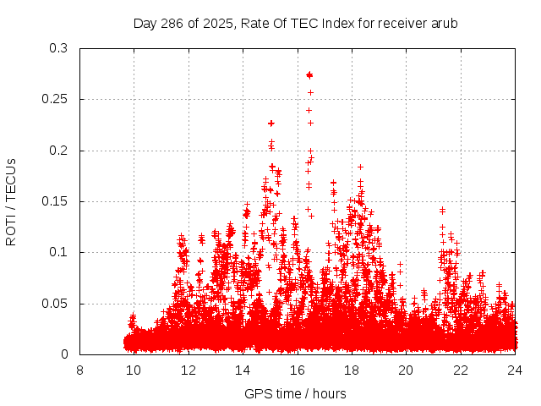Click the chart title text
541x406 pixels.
pyautogui.click(x=295, y=23)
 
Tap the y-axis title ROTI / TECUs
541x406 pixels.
pyautogui.click(x=11, y=201)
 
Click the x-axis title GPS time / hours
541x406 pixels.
pyautogui.click(x=295, y=393)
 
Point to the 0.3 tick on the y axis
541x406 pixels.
pyautogui.click(x=58, y=48)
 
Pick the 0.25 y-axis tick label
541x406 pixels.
pyautogui.click(x=55, y=99)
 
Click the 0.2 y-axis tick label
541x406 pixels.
pyautogui.click(x=58, y=151)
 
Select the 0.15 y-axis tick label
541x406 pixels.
pyautogui.click(x=55, y=201)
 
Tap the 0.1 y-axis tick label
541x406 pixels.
pyautogui.click(x=58, y=252)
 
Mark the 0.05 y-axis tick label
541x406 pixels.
pyautogui.click(x=55, y=304)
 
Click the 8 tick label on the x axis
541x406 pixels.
pyautogui.click(x=79, y=370)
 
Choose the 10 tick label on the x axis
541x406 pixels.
pyautogui.click(x=134, y=370)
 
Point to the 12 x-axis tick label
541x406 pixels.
pyautogui.click(x=189, y=370)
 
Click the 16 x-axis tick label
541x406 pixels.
pyautogui.click(x=298, y=370)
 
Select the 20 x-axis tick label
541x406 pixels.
pyautogui.click(x=406, y=370)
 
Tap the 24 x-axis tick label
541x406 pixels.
pyautogui.click(x=515, y=370)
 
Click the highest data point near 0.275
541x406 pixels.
pyautogui.click(x=309, y=74)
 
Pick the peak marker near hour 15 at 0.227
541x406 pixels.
pyautogui.click(x=271, y=123)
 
